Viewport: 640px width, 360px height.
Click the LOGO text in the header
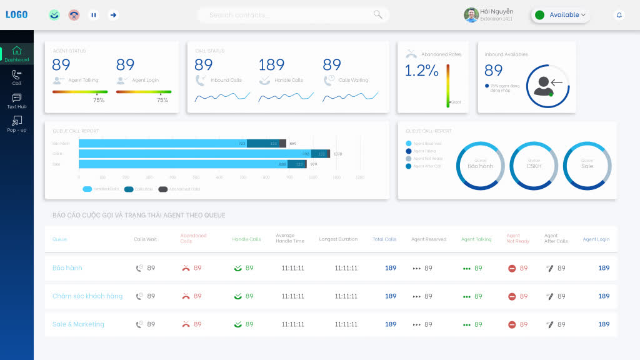coord(17,14)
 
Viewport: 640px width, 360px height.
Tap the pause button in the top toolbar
coord(94,15)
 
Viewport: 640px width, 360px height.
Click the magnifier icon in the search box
coord(377,14)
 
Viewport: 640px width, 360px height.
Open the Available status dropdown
coord(561,15)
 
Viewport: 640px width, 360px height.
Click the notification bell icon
coord(619,15)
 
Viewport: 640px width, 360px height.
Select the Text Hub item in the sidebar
coord(17,101)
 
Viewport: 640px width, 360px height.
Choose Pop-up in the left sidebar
coord(17,124)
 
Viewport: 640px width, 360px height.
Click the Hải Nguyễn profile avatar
coord(471,15)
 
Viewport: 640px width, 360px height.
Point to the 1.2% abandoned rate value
coord(421,71)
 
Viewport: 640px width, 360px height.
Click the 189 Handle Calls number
coord(271,65)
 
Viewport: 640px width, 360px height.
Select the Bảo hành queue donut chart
coord(480,166)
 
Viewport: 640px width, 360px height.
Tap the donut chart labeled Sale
coord(587,166)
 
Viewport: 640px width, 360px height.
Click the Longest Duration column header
coord(338,239)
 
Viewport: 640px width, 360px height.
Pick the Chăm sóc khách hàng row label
coord(87,296)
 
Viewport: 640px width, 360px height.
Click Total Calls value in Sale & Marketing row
coord(391,324)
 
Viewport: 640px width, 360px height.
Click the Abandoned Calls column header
coord(193,238)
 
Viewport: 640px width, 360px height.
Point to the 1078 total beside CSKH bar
coord(337,154)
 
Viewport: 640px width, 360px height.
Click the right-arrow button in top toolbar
coord(113,15)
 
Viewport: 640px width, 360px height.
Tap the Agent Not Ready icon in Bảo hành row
coord(512,268)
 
